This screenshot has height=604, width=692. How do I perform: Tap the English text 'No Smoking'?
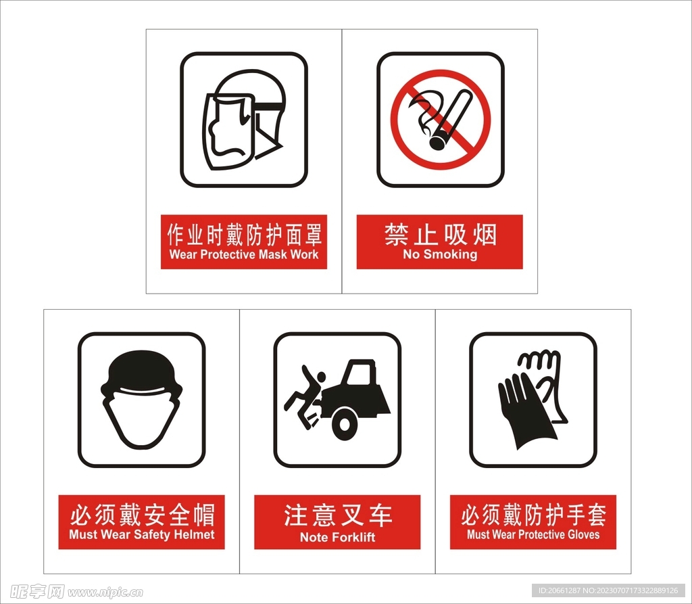(x=440, y=254)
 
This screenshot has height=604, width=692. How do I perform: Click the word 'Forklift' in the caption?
(x=351, y=537)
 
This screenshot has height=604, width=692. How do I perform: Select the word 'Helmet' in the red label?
(x=194, y=534)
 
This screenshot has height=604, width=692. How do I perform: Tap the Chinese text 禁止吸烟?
(x=440, y=234)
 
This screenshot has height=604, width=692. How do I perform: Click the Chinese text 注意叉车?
(x=337, y=515)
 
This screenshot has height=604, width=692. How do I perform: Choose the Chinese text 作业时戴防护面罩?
(x=244, y=235)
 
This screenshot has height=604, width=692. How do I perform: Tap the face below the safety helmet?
(x=141, y=419)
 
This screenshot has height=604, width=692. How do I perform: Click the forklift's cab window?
(x=360, y=375)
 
